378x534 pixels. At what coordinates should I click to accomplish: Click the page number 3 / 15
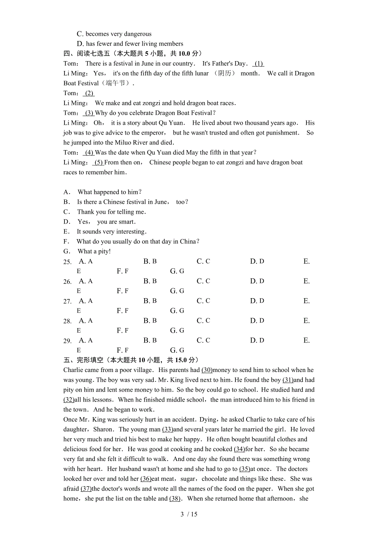pos(189,514)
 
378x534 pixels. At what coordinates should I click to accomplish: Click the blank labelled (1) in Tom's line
pos(258,64)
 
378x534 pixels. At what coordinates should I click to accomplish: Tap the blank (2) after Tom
pos(89,93)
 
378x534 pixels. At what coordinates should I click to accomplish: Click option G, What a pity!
pos(87,251)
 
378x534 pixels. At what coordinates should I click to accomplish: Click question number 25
pos(67,262)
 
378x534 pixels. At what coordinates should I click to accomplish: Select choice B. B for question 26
pos(150,281)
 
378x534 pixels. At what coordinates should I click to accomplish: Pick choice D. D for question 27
pos(257,301)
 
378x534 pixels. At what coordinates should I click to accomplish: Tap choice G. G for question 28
pos(177,330)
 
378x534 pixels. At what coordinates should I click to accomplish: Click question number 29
pos(67,341)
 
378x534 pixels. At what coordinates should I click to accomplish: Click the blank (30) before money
pos(207,370)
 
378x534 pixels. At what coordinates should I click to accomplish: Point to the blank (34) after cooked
pos(239,449)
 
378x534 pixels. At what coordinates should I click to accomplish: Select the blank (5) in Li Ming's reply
pos(99,162)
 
